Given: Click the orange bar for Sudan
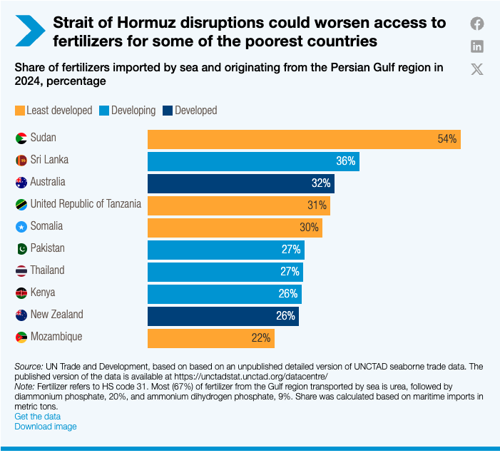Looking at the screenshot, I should (303, 139).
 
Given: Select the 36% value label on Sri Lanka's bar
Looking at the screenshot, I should (346, 161).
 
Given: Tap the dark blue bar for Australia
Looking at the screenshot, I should (240, 183).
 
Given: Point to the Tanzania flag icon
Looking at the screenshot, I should (21, 205).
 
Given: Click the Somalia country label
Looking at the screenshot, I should (46, 226).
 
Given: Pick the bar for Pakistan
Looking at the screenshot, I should (225, 250).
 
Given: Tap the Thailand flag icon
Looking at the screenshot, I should (21, 271).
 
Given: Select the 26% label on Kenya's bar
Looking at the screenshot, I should (288, 293).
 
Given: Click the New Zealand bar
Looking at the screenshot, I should (223, 315).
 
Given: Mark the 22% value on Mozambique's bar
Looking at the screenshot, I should (261, 337).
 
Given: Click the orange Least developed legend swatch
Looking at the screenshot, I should (19, 111).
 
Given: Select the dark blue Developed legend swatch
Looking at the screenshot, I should (167, 111).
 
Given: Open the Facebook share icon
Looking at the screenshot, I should (477, 24).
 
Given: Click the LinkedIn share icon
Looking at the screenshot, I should (477, 46).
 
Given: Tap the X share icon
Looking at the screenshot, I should (477, 69).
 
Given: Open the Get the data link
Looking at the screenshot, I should (37, 416).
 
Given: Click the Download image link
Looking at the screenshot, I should (46, 427).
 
